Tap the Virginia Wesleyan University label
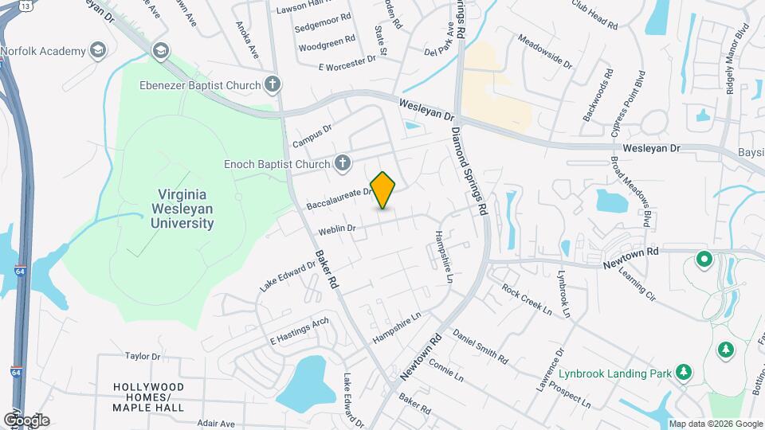point(182,209)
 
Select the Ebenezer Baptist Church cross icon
point(273,84)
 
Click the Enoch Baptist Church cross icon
point(342,163)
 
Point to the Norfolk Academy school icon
point(98,51)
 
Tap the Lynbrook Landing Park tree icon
point(682,372)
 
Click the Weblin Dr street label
point(336,229)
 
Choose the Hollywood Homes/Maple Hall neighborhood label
point(148,397)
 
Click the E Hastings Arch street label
point(299,330)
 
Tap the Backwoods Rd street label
point(598,96)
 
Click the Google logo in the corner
point(25,420)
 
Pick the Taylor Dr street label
point(143,356)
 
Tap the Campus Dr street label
point(312,135)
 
